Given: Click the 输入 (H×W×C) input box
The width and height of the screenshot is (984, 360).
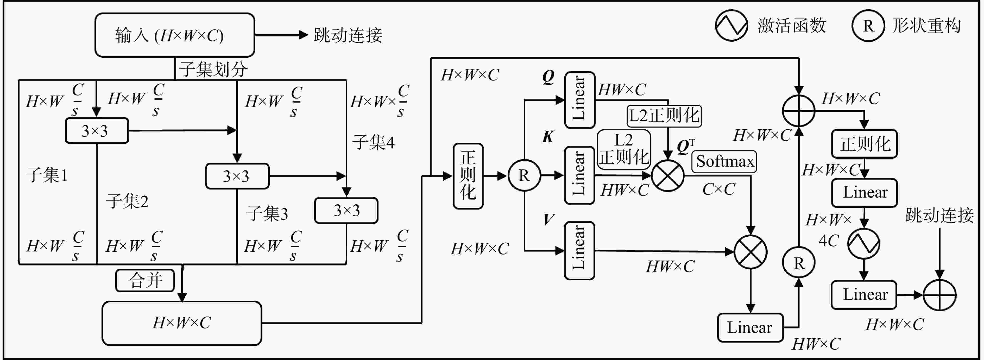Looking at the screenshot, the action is click(175, 35).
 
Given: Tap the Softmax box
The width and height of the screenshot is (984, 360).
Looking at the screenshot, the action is click(724, 162).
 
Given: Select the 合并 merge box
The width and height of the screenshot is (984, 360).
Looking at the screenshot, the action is click(145, 281).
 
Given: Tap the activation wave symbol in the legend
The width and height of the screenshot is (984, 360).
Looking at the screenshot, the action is click(731, 26).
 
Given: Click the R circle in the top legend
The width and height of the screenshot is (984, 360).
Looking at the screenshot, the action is click(868, 26).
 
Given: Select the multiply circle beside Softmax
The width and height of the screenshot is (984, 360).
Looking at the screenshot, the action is click(668, 176).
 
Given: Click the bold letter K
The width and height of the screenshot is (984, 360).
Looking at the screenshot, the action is click(548, 136).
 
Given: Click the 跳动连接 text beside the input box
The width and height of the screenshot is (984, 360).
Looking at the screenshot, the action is click(348, 35).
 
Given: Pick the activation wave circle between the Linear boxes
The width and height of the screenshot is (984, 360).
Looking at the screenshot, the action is click(864, 243).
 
